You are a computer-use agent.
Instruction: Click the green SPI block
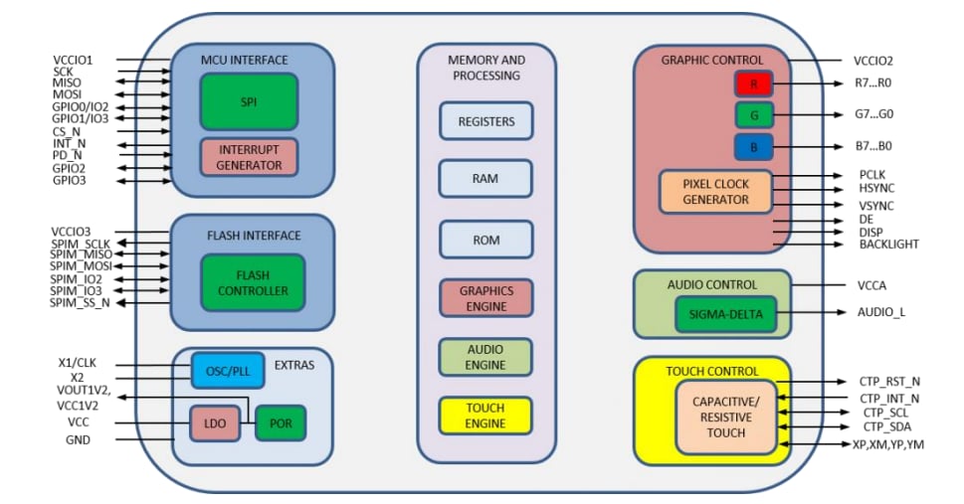249,101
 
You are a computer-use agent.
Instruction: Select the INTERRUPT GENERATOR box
249,157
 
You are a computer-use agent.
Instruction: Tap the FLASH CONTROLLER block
248,282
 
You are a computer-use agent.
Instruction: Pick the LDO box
213,423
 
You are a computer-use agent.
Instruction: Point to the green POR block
281,423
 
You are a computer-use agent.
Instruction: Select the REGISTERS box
485,121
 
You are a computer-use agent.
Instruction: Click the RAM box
485,179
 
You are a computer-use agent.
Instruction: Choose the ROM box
485,240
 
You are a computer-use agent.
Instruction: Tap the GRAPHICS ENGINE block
485,298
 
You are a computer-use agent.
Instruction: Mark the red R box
754,85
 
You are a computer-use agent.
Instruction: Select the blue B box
754,147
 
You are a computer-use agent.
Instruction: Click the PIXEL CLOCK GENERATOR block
716,192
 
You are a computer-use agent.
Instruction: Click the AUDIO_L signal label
881,312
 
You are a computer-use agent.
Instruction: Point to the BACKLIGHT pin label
888,245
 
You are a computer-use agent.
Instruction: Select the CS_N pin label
67,131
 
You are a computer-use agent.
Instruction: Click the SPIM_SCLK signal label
81,244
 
